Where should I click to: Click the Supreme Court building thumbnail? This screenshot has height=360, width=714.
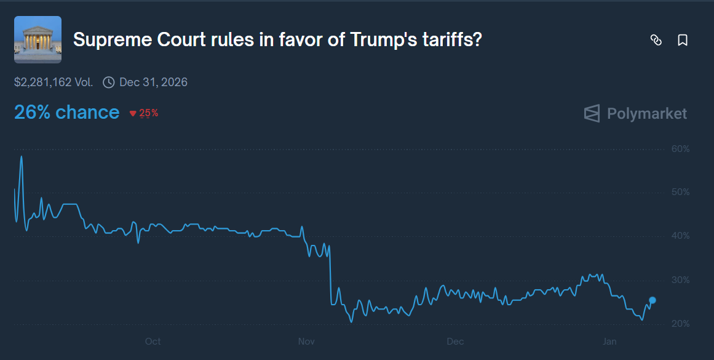tap(38, 40)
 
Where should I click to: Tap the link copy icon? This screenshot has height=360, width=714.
tap(656, 41)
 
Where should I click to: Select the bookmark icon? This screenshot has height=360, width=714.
tap(682, 41)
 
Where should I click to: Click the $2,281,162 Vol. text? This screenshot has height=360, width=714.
tap(54, 82)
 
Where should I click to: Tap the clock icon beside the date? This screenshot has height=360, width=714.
tap(109, 82)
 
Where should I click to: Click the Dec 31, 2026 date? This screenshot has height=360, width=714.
tap(153, 82)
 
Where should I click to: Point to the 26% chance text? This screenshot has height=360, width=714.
tap(66, 113)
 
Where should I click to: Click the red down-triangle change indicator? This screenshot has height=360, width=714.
tap(132, 114)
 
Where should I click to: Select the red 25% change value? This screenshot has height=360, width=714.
tap(149, 113)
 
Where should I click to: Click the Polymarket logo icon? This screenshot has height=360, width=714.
tap(592, 114)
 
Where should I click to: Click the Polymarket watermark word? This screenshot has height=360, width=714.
tap(647, 114)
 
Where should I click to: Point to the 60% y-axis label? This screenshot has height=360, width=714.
tap(681, 149)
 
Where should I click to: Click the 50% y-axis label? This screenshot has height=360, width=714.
tap(681, 193)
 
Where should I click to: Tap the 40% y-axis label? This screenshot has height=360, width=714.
tap(681, 236)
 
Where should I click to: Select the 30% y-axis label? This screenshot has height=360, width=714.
tap(681, 280)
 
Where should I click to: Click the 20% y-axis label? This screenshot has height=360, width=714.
tap(681, 324)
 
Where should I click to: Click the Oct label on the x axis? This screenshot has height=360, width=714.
tap(153, 342)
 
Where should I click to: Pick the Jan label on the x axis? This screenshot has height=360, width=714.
tap(609, 342)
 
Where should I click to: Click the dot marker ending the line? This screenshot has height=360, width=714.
tap(653, 300)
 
